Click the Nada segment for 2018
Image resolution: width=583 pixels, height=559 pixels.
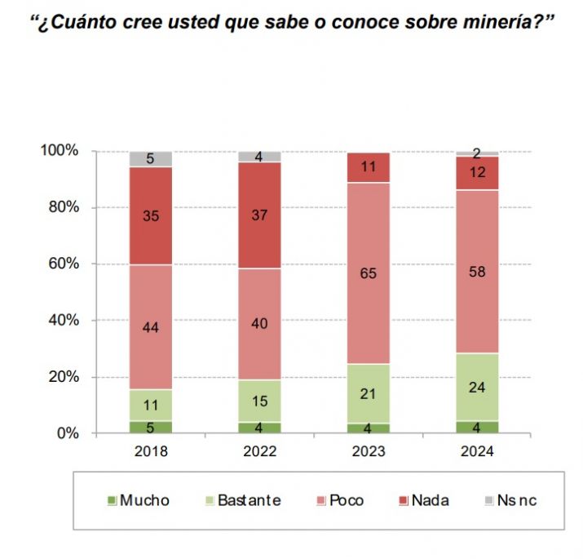tap(151, 215)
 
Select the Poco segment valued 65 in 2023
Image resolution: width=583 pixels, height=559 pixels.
tap(369, 273)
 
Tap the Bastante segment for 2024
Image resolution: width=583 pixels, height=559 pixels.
tap(477, 387)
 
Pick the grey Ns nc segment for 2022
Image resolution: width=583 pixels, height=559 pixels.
tap(259, 157)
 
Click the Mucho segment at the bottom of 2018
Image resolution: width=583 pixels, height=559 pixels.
tap(151, 426)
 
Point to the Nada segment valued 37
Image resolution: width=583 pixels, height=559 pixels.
tap(259, 215)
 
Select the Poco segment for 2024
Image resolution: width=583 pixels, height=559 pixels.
tap(477, 271)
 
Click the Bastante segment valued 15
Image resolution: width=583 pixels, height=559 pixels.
tap(259, 401)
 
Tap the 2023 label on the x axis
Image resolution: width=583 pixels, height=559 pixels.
tap(369, 451)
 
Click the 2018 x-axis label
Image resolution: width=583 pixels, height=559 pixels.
tap(151, 451)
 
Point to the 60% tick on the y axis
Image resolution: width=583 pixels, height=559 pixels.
tap(62, 264)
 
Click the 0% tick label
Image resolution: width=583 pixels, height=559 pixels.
tap(67, 433)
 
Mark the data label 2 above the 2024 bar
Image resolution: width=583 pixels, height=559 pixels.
tap(477, 151)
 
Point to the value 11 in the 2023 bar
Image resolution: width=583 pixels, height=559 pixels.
tap(369, 167)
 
